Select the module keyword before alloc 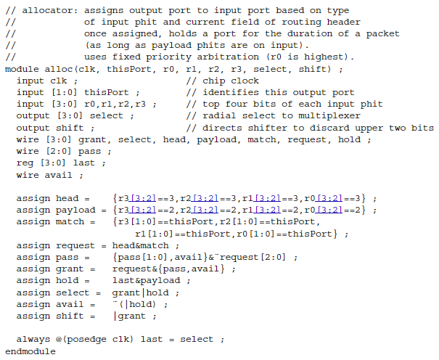point(22,68)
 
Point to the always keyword point(34,339)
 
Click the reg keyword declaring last point(25,163)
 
